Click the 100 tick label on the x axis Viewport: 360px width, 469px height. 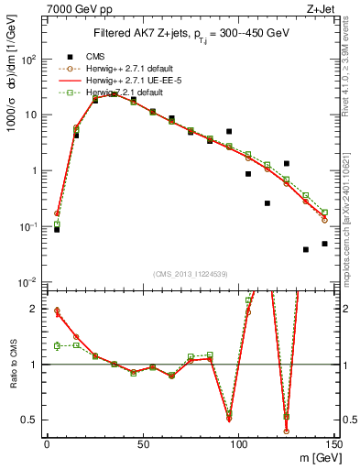click(238, 444)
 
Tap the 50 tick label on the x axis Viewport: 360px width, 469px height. click(142, 444)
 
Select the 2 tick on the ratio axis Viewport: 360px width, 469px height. click(34, 309)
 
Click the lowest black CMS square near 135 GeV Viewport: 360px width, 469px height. click(306, 249)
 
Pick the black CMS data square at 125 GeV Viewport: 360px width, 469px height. click(287, 163)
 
